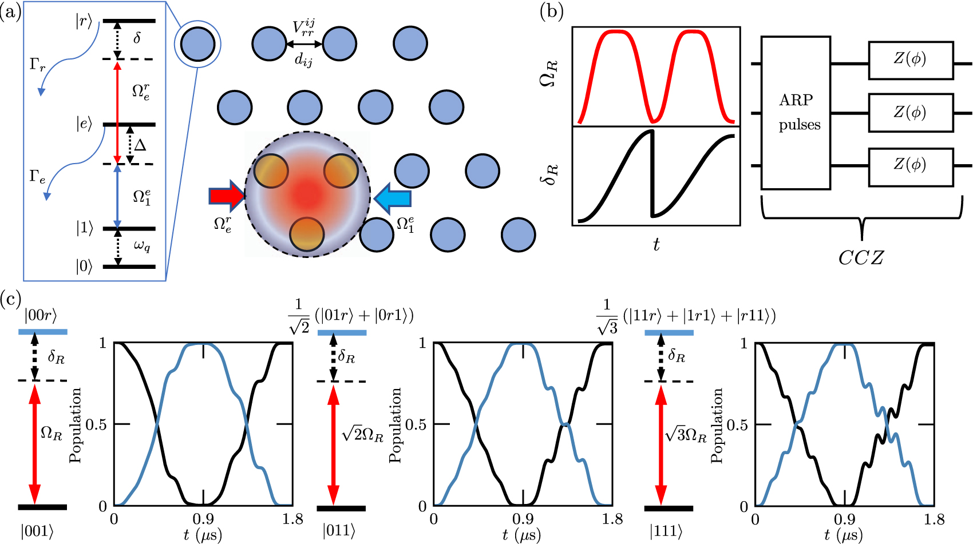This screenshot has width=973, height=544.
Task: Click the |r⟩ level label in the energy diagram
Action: [x=84, y=22]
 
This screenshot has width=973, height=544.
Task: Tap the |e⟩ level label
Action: [x=84, y=124]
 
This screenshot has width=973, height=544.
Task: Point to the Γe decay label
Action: [x=38, y=177]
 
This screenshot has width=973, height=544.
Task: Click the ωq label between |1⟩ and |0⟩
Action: [x=142, y=247]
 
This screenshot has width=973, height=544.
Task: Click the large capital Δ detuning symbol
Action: [x=140, y=145]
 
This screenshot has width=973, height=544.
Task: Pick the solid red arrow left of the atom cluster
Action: [x=227, y=196]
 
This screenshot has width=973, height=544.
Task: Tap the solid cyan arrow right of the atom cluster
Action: [x=392, y=198]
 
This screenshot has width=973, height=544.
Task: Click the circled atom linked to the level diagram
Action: [x=197, y=44]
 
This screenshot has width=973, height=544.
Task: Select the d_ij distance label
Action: [x=304, y=59]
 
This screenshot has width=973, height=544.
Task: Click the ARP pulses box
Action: [x=796, y=113]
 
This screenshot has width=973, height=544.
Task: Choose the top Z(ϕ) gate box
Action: [x=911, y=59]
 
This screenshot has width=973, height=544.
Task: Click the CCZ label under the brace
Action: [x=861, y=258]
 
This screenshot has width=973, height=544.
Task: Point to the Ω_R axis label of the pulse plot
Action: [x=548, y=74]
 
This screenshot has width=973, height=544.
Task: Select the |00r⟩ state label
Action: [x=41, y=315]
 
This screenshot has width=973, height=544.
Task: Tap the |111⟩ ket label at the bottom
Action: [x=666, y=531]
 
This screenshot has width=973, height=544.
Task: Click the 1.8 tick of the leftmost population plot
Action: [x=292, y=519]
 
